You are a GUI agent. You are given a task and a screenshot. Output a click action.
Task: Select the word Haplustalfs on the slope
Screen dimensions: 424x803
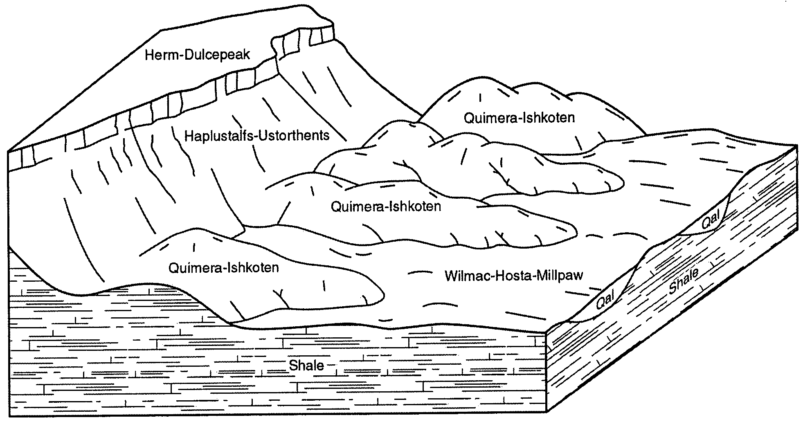pyautogui.click(x=219, y=135)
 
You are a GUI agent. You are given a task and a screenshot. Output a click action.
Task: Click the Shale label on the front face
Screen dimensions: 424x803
pyautogui.click(x=306, y=365)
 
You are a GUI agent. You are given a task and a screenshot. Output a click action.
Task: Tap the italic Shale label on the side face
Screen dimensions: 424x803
pyautogui.click(x=684, y=281)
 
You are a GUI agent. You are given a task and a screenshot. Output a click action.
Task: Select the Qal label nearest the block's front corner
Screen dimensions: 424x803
pyautogui.click(x=606, y=302)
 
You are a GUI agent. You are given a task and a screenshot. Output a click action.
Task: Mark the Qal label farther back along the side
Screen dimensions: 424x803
pyautogui.click(x=711, y=222)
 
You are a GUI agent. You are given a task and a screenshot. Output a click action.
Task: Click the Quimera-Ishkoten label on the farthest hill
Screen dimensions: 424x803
pyautogui.click(x=519, y=118)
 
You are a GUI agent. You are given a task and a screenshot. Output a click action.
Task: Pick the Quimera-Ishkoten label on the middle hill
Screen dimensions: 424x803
pyautogui.click(x=386, y=206)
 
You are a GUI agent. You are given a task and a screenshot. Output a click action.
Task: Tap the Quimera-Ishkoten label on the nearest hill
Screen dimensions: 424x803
pyautogui.click(x=223, y=268)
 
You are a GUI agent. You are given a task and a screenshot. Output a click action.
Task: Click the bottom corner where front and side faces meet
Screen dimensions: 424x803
pyautogui.click(x=547, y=413)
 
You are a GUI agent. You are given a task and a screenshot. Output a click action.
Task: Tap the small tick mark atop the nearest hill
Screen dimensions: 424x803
pyautogui.click(x=194, y=247)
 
